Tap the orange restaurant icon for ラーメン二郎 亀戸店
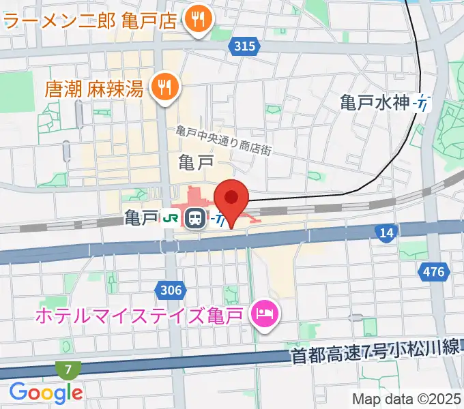199,21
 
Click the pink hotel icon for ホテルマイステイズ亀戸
263,314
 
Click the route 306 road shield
171,291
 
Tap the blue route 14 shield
386,234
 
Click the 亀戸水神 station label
375,103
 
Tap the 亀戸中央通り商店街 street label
223,140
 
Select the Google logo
46,393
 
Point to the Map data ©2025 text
406,399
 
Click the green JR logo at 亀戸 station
171,218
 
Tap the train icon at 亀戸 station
195,218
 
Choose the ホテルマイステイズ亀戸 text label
141,315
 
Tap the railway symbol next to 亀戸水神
423,103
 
